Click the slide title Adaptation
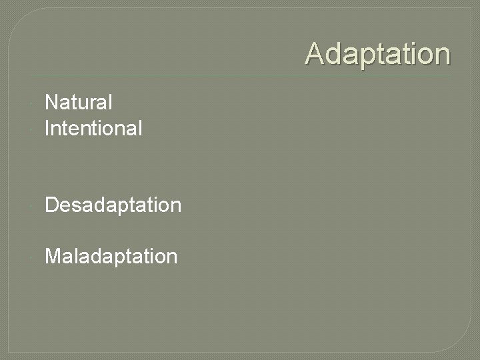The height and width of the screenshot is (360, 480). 377,54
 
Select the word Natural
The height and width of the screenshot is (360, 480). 78,103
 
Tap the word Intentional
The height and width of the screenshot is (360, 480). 93,127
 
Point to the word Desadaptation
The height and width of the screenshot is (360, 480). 113,205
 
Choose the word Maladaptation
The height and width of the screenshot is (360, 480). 111,256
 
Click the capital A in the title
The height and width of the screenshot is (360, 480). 315,54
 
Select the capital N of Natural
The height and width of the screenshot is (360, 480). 51,103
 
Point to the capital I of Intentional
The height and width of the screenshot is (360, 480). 47,127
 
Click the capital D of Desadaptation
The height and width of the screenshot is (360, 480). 51,205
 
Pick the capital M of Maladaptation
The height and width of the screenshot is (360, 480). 53,256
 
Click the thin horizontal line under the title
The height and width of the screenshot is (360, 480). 240,75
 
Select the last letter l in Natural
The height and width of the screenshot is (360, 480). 110,103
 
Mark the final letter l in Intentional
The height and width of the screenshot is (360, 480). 140,127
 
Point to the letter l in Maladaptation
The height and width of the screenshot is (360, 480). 75,256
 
